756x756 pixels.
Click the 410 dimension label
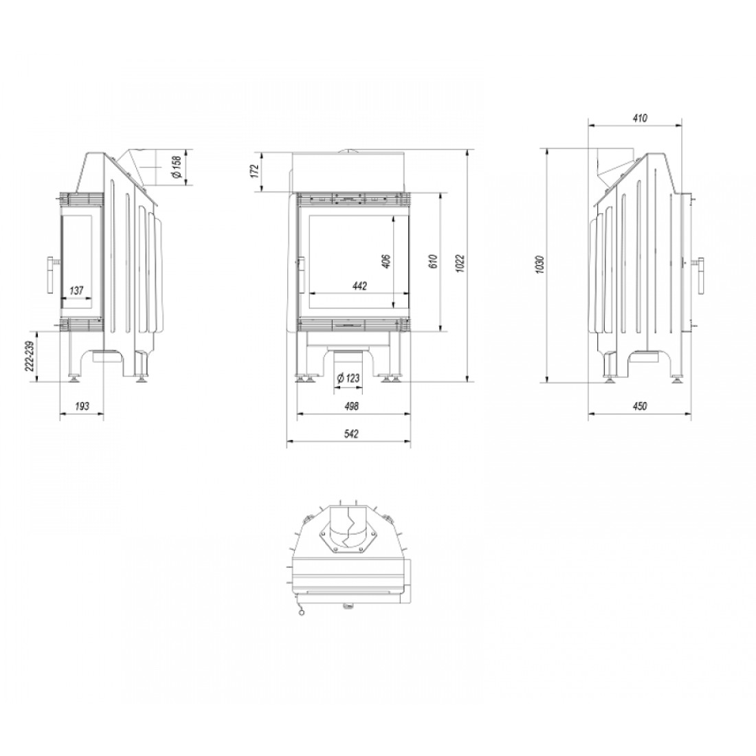coord(641,118)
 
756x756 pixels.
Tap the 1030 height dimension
coord(540,265)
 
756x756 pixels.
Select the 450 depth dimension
coord(639,406)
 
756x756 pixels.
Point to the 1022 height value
coord(460,263)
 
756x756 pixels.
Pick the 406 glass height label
coord(386,260)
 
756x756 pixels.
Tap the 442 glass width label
coord(359,286)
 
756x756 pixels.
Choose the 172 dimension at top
coord(255,170)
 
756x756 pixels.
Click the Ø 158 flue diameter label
coord(177,166)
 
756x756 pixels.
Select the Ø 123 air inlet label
coord(348,379)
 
